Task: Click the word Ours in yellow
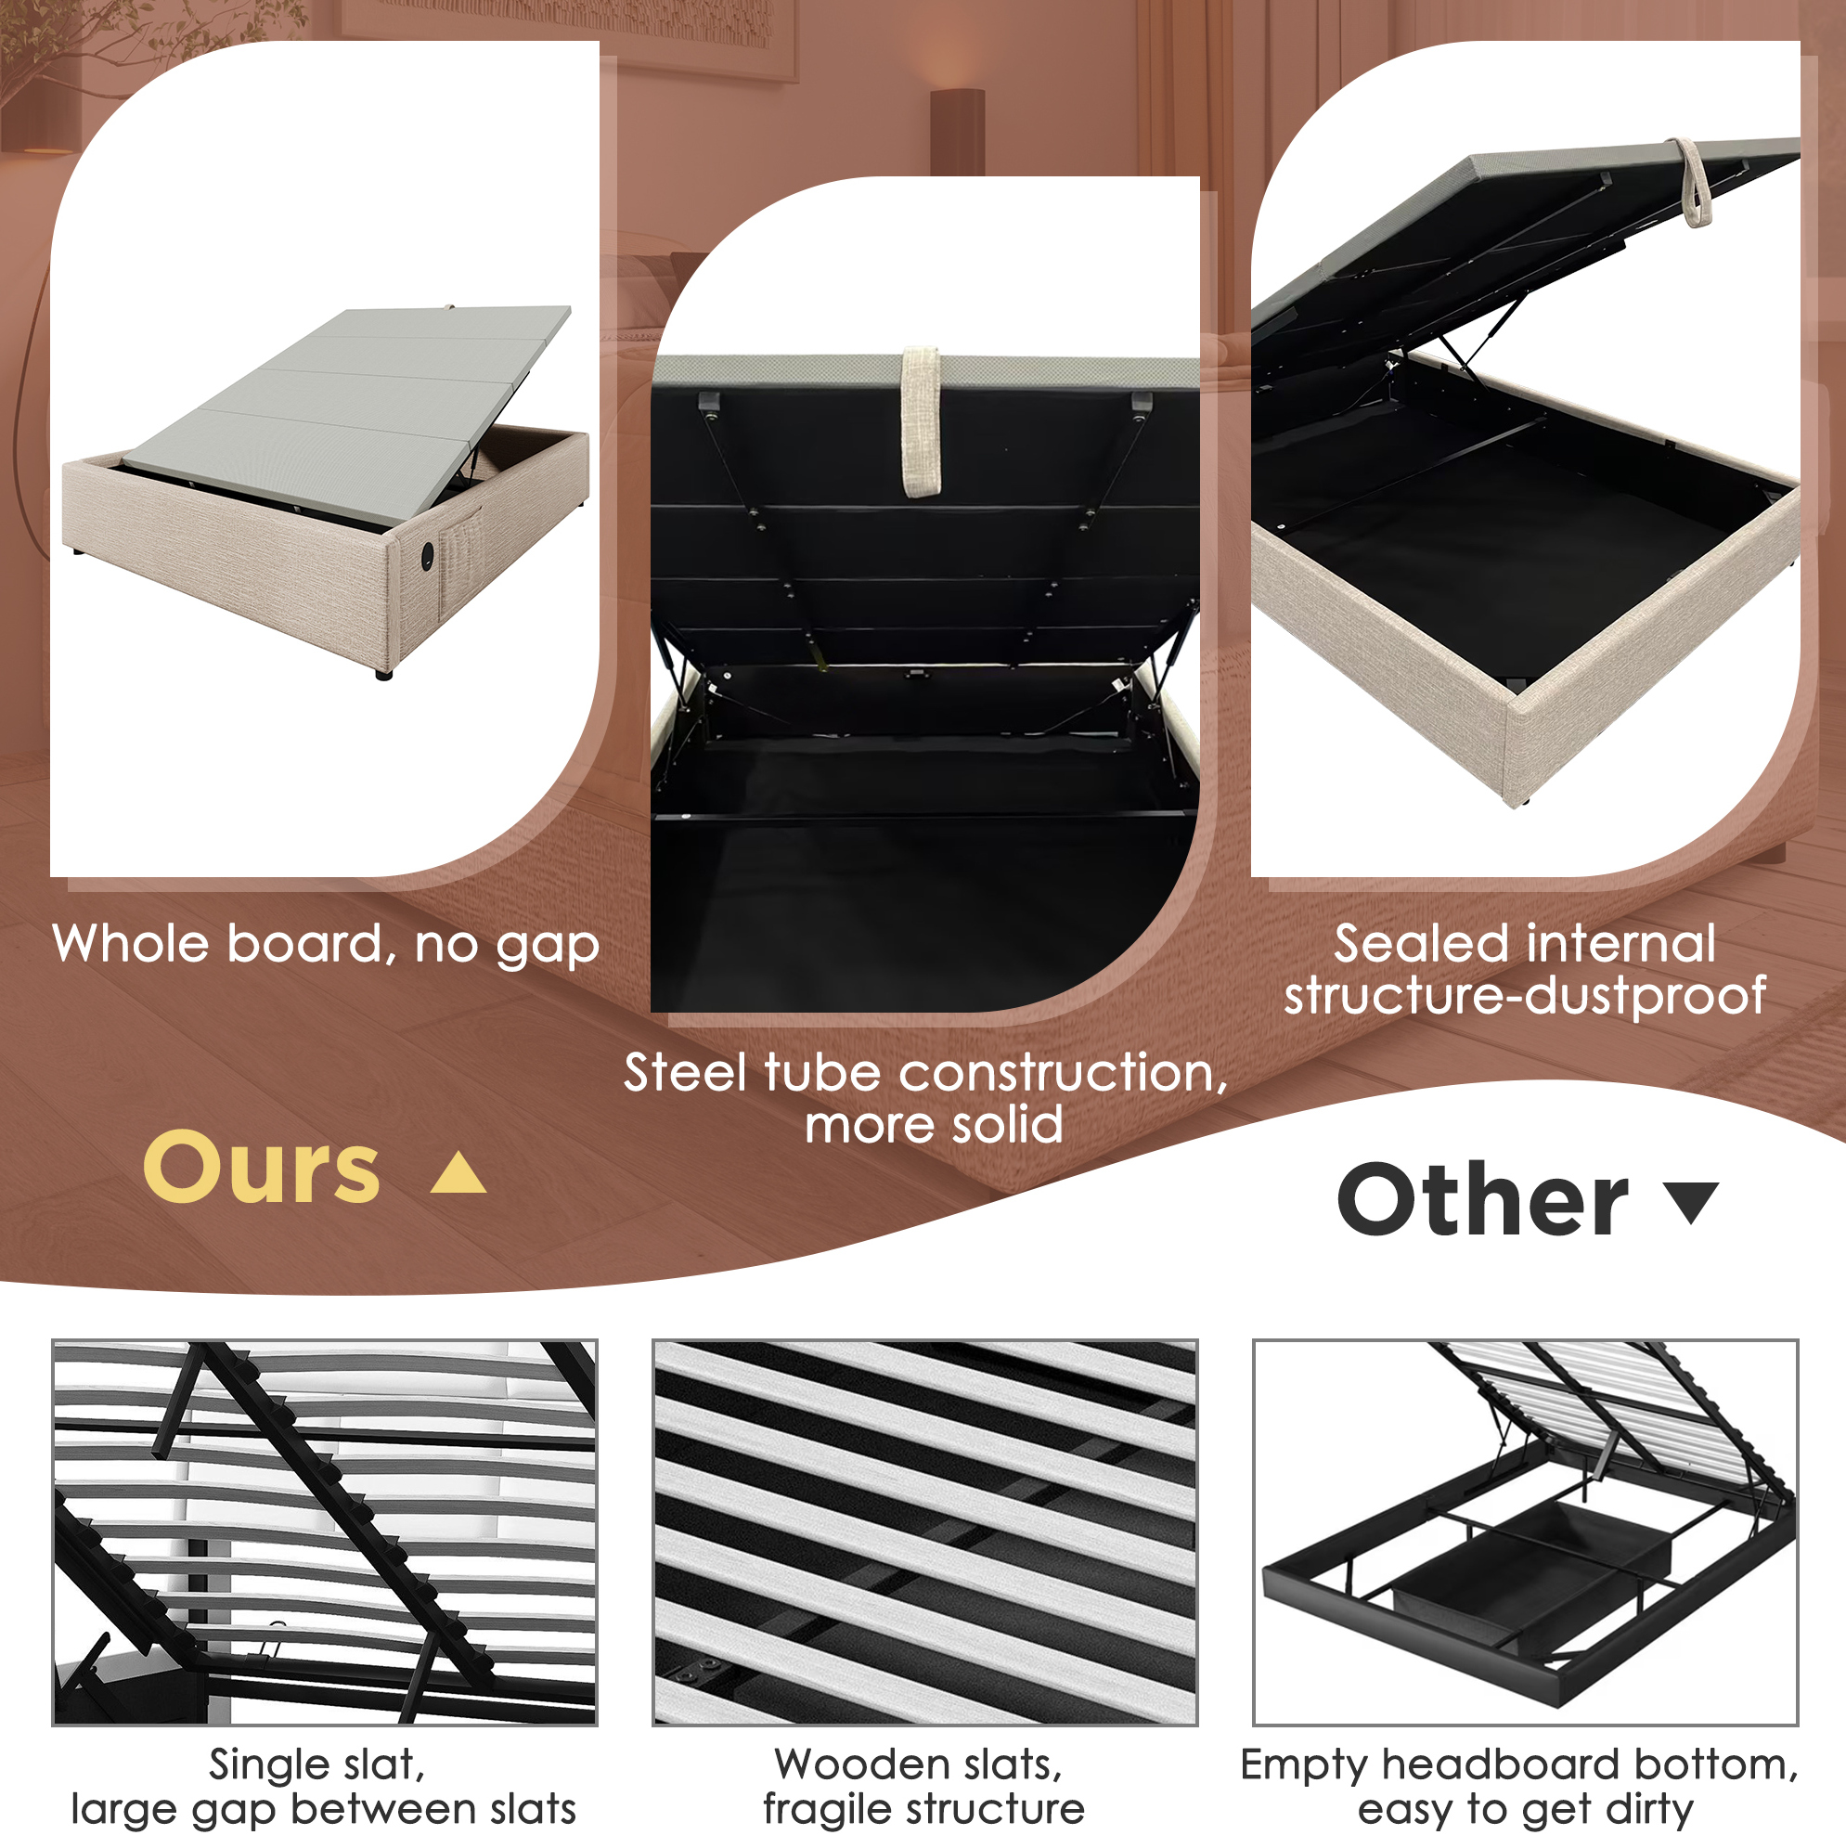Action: coord(262,1167)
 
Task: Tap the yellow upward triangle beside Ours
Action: coord(459,1173)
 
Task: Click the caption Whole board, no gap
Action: coord(326,945)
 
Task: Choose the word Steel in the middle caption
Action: coord(685,1072)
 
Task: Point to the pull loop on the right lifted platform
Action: coord(1692,182)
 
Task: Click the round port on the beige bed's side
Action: coord(427,555)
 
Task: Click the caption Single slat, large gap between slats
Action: coord(323,1787)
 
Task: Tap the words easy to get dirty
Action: coord(1526,1810)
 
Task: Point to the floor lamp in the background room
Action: coord(958,132)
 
